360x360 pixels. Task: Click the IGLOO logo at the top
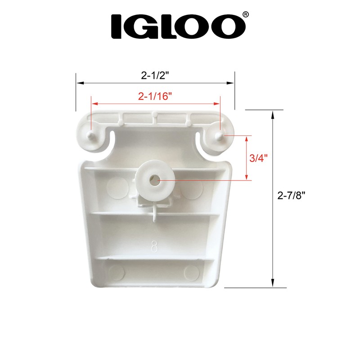click(175, 26)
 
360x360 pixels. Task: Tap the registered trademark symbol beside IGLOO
click(245, 15)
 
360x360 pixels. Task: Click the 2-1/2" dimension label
click(155, 76)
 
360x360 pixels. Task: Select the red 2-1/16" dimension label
click(155, 96)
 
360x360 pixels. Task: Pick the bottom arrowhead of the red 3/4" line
click(247, 177)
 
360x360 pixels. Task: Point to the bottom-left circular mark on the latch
click(117, 271)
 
